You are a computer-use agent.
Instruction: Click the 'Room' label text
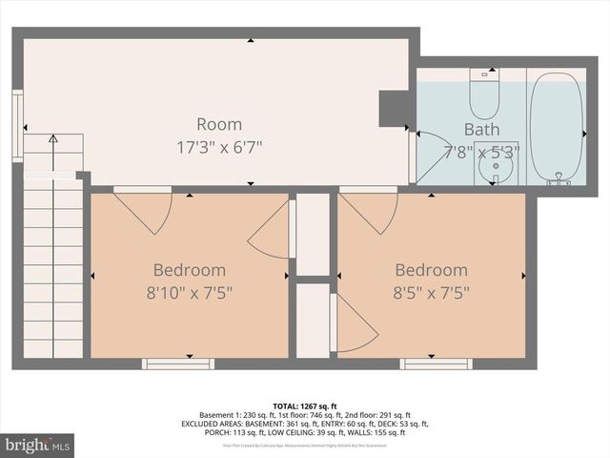coord(219,124)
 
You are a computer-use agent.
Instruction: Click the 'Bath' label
coord(481,129)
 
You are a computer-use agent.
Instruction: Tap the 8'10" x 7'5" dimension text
coord(190,292)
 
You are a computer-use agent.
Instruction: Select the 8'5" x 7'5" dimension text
coord(432,292)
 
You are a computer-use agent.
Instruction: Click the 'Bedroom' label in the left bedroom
coord(190,270)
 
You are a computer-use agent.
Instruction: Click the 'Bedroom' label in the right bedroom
coord(432,270)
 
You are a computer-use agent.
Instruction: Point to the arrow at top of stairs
coord(52,140)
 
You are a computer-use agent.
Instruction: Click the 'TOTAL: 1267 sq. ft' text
coord(305,405)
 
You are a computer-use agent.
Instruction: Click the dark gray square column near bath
coord(394,107)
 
